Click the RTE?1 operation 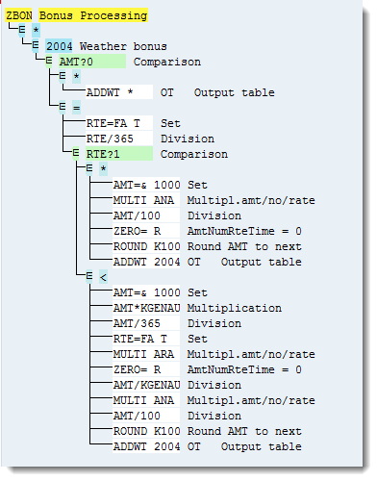(104, 154)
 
